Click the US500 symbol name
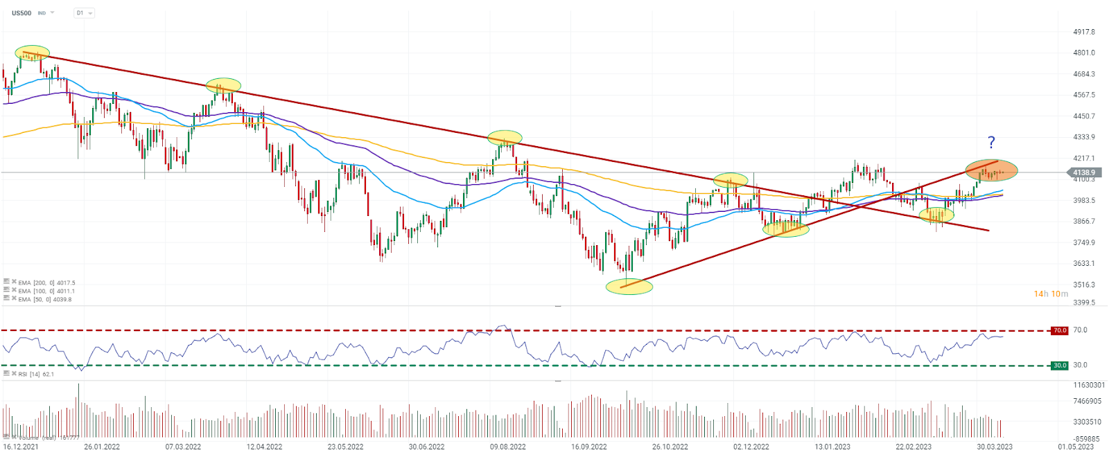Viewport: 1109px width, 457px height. pos(21,13)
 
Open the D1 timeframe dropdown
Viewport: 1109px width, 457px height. pos(84,13)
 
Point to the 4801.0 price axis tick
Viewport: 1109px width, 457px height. pos(1083,53)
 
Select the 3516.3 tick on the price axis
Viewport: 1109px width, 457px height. pos(1083,285)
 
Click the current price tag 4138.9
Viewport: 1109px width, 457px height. pos(1083,172)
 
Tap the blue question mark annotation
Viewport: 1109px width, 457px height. pos(991,143)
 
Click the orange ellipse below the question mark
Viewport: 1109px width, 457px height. pos(992,170)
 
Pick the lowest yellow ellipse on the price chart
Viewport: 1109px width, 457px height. pos(629,287)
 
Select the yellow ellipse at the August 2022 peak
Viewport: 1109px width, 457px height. pos(505,137)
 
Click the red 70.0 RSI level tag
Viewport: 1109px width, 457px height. pos(1060,330)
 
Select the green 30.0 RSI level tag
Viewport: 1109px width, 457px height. pos(1060,365)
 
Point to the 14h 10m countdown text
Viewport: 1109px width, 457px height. pos(1051,294)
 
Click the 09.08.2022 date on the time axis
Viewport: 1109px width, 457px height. pos(508,447)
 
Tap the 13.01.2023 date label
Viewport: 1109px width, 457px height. pos(832,447)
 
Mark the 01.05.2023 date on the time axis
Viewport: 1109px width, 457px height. pos(1076,447)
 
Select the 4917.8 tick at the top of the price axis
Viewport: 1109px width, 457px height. pos(1083,32)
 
